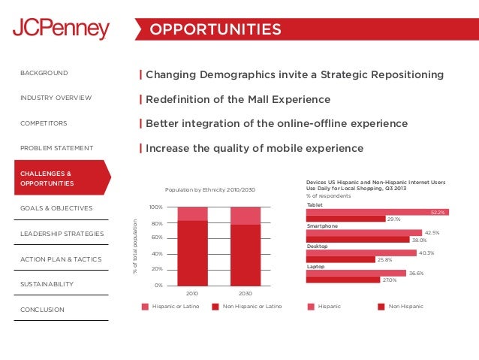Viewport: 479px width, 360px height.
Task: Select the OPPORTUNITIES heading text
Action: (215, 29)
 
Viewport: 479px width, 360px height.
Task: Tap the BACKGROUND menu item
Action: (44, 73)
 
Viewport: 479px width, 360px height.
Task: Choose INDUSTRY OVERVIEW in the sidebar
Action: (56, 98)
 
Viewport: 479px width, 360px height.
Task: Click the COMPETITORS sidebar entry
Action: (44, 123)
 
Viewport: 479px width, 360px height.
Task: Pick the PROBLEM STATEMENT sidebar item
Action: (57, 148)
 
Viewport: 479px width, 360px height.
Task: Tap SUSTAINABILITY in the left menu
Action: (47, 284)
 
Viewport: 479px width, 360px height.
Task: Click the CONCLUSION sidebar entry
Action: (42, 310)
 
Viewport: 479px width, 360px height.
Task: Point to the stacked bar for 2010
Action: (192, 246)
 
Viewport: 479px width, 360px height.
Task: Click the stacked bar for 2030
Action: (245, 246)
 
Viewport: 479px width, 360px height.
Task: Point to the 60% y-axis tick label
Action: (156, 238)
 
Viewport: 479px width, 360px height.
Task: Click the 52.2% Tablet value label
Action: (438, 213)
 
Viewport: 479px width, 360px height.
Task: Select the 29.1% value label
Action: (393, 219)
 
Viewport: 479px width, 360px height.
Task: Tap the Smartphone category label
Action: (322, 225)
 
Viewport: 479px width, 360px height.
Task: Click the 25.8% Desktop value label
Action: (384, 260)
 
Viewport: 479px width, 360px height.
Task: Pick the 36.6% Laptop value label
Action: (415, 274)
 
